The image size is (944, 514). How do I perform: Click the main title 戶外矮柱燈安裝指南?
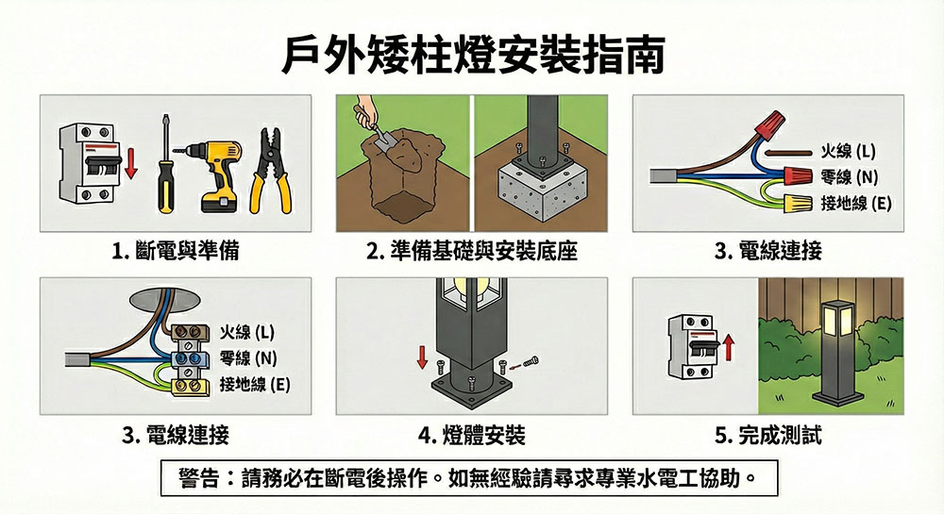point(473,56)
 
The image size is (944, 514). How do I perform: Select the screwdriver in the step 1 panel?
point(164,163)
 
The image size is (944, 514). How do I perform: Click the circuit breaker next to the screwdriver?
point(86,163)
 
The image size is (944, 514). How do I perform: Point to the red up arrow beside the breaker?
point(729,347)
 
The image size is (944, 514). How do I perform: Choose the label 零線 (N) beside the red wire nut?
point(849,176)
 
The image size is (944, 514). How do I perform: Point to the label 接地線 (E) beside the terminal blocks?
point(255,384)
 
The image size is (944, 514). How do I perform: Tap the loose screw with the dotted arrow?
point(531,361)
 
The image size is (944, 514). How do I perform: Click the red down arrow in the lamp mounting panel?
point(422,356)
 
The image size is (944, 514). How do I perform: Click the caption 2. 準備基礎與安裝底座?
point(472,251)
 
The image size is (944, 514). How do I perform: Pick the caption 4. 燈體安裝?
point(471,435)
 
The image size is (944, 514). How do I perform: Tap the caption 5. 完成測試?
point(768,435)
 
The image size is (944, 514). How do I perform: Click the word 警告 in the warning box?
point(198,478)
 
